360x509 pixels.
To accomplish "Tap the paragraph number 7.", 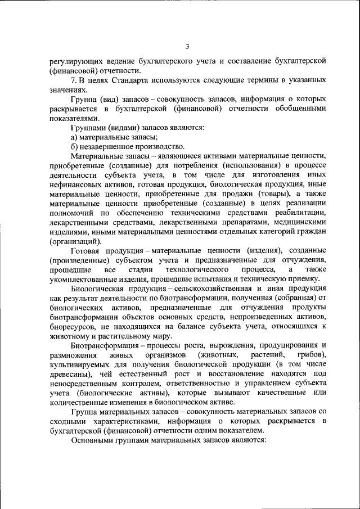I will [x=74, y=81].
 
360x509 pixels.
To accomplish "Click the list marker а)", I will [x=74, y=137].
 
